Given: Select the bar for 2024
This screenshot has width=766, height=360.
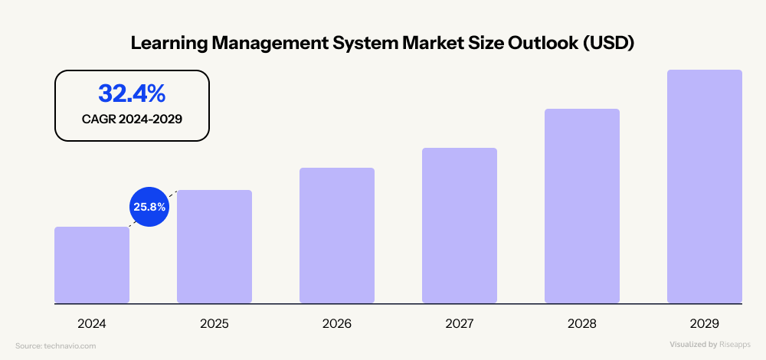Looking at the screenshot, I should pyautogui.click(x=92, y=265).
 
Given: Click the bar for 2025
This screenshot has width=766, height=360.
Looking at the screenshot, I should pyautogui.click(x=214, y=247).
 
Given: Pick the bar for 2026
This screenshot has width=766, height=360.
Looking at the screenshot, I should pyautogui.click(x=337, y=235).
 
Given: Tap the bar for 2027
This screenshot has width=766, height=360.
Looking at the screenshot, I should pyautogui.click(x=460, y=225).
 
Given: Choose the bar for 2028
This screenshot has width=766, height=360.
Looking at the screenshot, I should pyautogui.click(x=582, y=206).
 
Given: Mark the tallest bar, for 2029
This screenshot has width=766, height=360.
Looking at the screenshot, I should pyautogui.click(x=705, y=186).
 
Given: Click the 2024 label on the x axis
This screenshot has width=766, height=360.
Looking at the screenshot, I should pyautogui.click(x=92, y=324).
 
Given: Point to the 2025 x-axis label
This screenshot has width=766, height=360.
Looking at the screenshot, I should pyautogui.click(x=214, y=324).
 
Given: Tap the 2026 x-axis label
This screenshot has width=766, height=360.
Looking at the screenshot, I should pyautogui.click(x=337, y=324).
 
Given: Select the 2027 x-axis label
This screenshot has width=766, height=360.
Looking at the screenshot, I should pyautogui.click(x=460, y=324).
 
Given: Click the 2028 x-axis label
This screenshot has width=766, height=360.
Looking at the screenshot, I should pyautogui.click(x=582, y=324).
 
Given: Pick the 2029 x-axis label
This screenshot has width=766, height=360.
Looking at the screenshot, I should pyautogui.click(x=705, y=324).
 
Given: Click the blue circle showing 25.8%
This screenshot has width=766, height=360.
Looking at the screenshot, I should pyautogui.click(x=147, y=206).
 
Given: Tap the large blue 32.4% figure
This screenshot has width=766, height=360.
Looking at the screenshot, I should pyautogui.click(x=132, y=93).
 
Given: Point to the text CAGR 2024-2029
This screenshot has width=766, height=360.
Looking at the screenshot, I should pyautogui.click(x=132, y=119).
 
